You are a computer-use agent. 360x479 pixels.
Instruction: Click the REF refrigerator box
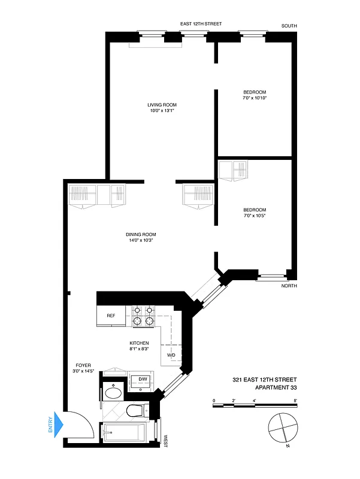tap(111, 316)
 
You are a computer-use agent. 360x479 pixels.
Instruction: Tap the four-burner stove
tap(144, 316)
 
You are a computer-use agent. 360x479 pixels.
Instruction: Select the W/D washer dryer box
tap(171, 354)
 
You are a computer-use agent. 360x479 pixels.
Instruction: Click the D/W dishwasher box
tap(143, 380)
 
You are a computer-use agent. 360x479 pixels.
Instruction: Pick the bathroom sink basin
tap(113, 393)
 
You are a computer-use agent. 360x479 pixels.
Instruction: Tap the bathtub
tap(126, 432)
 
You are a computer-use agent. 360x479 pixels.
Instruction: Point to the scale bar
tap(255, 406)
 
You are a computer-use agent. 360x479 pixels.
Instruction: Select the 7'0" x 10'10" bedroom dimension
tap(255, 98)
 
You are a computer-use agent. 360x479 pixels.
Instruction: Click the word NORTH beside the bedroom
tap(289, 286)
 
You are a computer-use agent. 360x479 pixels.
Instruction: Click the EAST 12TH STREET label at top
tap(201, 24)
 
